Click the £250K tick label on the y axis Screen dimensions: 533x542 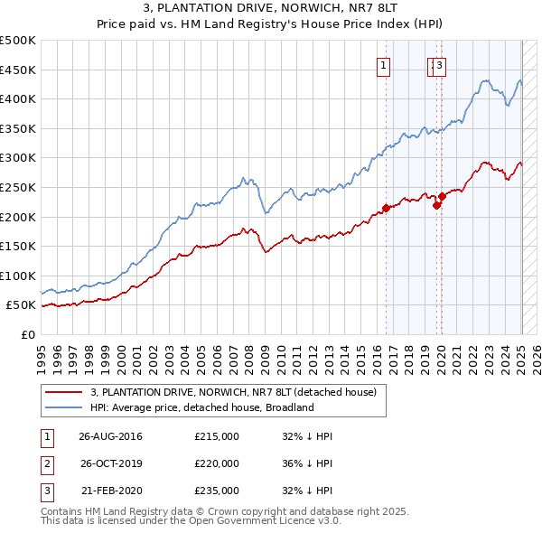pos(18,187)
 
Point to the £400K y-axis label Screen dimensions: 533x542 pos(18,98)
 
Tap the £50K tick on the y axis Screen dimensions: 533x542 pos(21,305)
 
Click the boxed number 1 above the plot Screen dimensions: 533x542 pos(384,65)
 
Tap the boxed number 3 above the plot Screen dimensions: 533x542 pos(439,65)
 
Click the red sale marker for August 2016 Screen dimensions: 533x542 pos(386,208)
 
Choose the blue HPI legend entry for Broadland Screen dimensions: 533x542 pos(201,407)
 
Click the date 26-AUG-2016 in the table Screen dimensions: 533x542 pos(110,436)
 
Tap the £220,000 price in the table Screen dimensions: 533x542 pos(217,463)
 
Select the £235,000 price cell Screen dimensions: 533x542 pos(217,491)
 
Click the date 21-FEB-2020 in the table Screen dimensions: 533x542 pos(110,491)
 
